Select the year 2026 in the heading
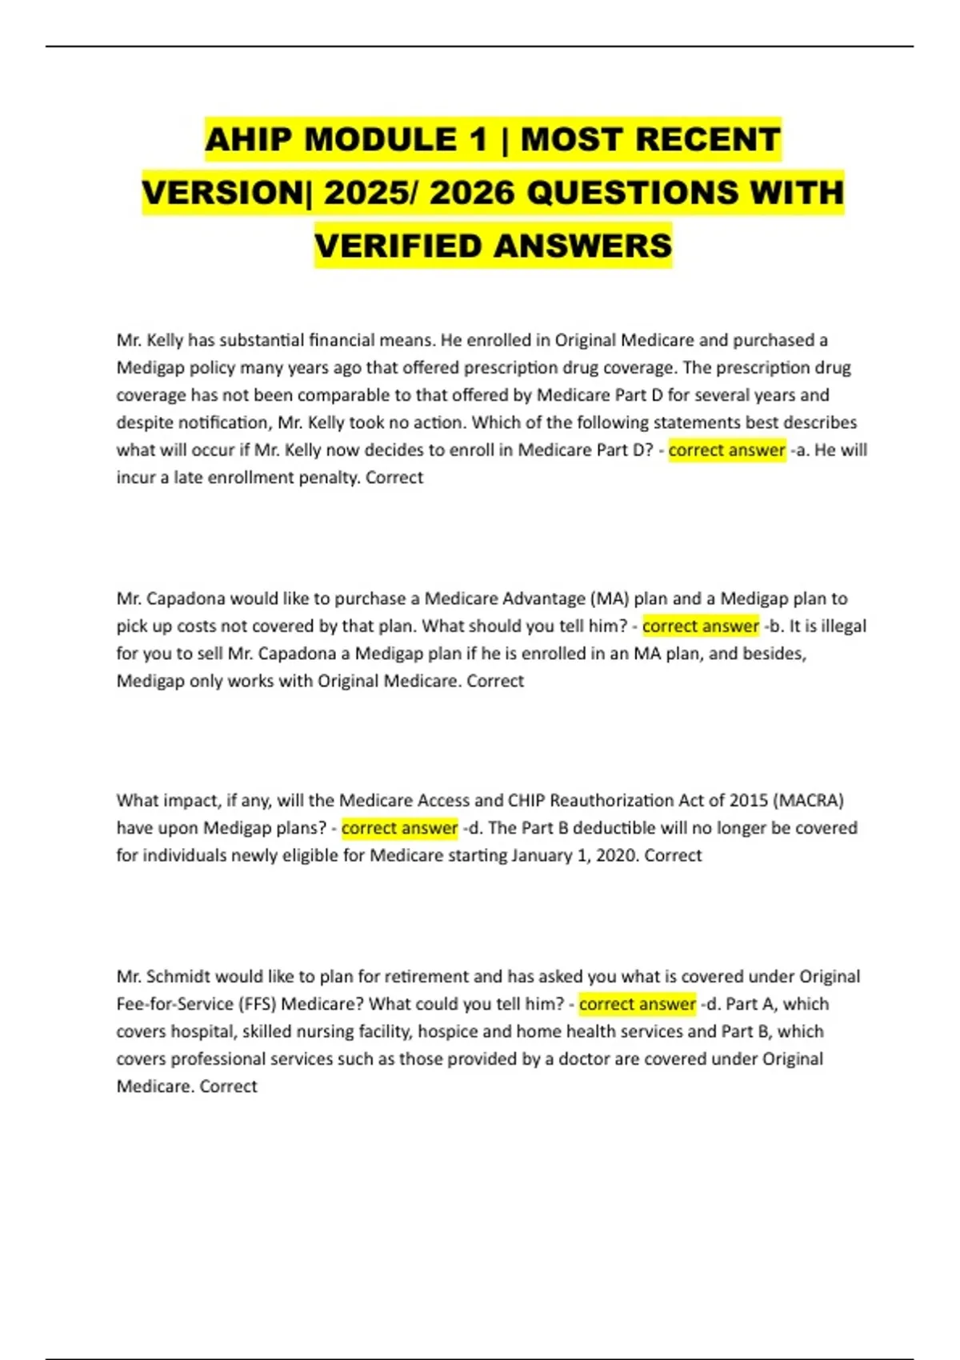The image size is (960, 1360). click(x=472, y=193)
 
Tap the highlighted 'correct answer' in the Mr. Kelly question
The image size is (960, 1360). click(x=726, y=450)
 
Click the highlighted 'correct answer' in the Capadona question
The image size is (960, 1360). click(x=700, y=626)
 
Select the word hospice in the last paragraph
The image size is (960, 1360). click(x=449, y=1031)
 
